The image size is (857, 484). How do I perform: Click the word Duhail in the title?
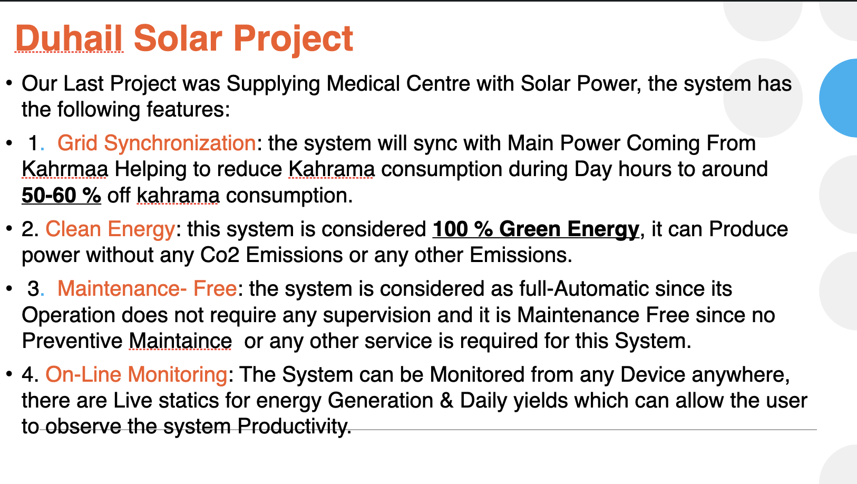pyautogui.click(x=69, y=38)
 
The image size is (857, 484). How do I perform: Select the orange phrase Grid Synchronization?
pyautogui.click(x=157, y=143)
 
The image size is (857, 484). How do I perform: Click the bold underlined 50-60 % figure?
pyautogui.click(x=61, y=196)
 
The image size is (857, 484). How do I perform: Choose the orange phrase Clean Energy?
pyautogui.click(x=110, y=229)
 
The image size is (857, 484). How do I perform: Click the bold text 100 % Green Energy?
pyautogui.click(x=535, y=229)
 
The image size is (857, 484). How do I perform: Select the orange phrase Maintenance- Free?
pyautogui.click(x=147, y=289)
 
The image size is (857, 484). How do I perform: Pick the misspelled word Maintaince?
pyautogui.click(x=180, y=341)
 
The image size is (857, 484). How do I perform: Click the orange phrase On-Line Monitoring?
pyautogui.click(x=137, y=375)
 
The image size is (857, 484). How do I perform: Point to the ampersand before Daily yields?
pyautogui.click(x=446, y=401)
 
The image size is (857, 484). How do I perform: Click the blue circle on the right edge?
pyautogui.click(x=841, y=98)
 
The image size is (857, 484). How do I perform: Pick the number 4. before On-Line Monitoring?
pyautogui.click(x=30, y=375)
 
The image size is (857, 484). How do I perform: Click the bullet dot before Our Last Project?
pyautogui.click(x=9, y=84)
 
